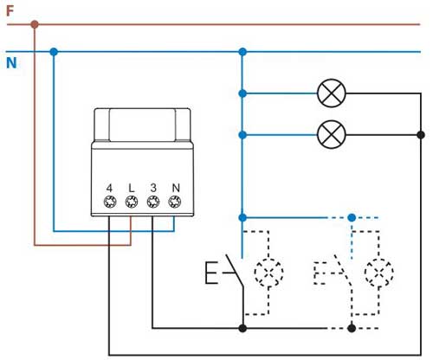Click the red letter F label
10,11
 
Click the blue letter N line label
11,63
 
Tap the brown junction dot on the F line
35,24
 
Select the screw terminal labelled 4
110,202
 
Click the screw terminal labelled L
132,202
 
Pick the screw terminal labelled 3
153,202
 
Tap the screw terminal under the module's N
175,202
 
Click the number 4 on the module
109,188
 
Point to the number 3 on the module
153,188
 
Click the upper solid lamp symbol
332,93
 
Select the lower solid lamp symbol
332,134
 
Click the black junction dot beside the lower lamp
421,134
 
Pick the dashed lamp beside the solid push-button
268,273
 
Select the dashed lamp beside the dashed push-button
378,273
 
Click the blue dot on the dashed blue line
352,217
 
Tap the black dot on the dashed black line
352,328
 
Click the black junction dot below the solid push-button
242,328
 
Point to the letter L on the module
132,188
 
